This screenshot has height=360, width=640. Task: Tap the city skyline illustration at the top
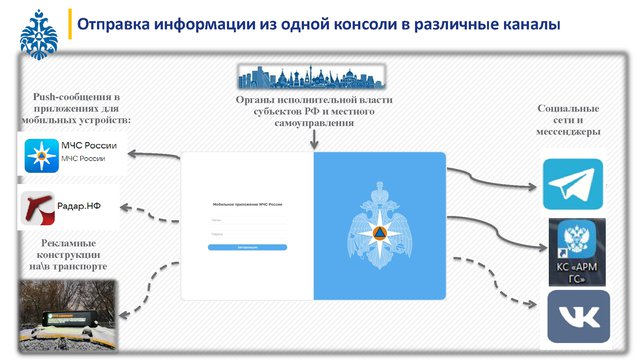pyautogui.click(x=315, y=76)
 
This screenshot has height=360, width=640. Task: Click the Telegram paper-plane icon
pyautogui.click(x=573, y=184)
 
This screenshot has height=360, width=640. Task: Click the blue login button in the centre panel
pyautogui.click(x=247, y=246)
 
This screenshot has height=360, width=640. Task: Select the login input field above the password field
pyautogui.click(x=247, y=218)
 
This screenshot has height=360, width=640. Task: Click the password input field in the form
pyautogui.click(x=247, y=234)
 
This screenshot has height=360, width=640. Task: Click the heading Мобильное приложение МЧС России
pyautogui.click(x=246, y=204)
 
